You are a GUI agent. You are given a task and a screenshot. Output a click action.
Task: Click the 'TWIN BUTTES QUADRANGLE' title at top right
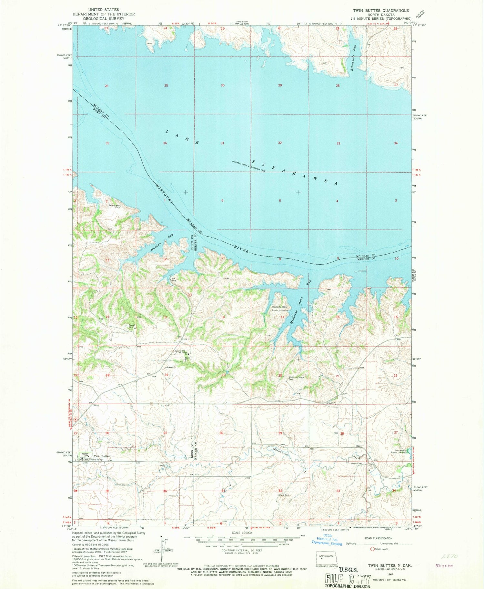381,11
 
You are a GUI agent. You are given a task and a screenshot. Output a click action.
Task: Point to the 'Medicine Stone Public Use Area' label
279,309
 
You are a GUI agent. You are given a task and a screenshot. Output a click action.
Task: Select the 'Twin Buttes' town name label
102,456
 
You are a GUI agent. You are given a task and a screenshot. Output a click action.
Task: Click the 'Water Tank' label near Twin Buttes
85,455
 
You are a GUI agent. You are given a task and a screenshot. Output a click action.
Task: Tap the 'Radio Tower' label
96,460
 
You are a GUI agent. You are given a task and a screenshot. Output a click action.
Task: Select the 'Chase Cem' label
284,495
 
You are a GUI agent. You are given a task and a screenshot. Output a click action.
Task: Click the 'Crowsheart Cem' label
115,206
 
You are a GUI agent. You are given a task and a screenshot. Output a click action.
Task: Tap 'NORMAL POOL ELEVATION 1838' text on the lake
248,166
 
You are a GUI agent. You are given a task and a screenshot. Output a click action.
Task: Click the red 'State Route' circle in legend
372,549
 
